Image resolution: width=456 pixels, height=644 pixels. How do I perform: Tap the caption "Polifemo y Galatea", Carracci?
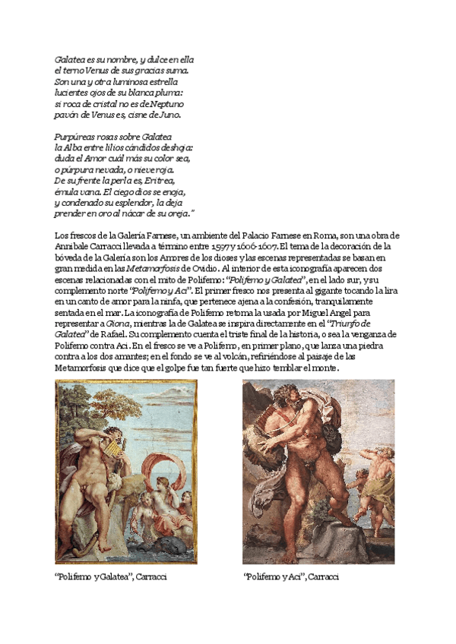click(x=111, y=577)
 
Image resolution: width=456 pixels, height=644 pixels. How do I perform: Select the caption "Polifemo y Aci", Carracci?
click(x=290, y=577)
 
